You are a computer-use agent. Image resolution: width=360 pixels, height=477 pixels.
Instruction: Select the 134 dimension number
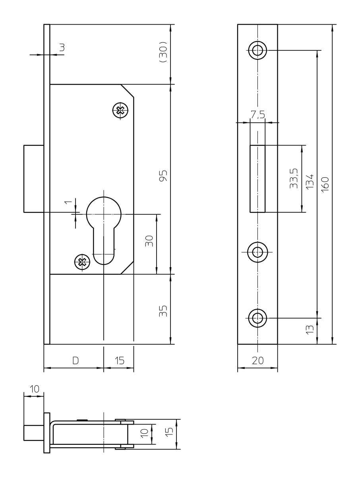point(310,181)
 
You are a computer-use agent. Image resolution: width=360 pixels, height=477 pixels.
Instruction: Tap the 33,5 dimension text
point(294,178)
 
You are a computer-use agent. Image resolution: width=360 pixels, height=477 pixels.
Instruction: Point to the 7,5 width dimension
point(258,114)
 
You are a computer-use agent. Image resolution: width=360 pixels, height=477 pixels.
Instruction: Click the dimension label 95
point(163,176)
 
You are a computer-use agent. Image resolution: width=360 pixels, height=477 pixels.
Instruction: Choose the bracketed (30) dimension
point(163,52)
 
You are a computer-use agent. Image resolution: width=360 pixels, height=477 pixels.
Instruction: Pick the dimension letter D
point(75,361)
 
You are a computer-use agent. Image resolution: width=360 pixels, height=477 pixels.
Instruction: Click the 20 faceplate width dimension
point(258,361)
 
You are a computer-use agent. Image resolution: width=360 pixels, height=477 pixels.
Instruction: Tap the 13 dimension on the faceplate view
point(310,330)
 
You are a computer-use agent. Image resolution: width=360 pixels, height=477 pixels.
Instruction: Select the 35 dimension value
point(163,311)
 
